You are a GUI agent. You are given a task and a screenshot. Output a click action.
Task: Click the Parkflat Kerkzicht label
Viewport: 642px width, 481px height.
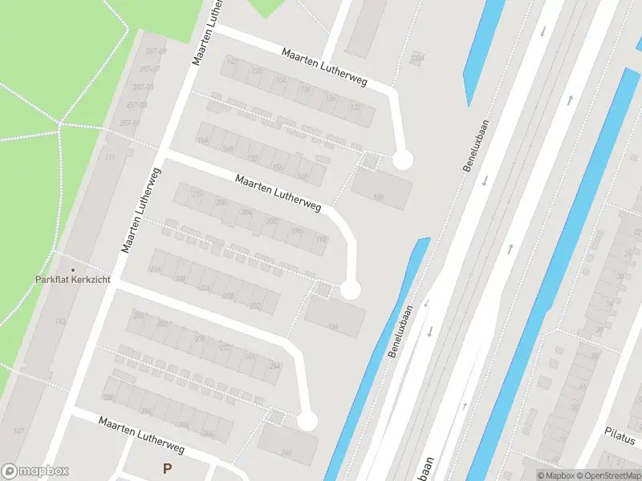73,280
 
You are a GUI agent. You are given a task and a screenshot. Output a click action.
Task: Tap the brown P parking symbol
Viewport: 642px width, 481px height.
168,468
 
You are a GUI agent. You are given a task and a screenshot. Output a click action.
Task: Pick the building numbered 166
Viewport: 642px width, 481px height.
333,325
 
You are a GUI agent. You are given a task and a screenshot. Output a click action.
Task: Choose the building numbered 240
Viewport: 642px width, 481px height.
286,452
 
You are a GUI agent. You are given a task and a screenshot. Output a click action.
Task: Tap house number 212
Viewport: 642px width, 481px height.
197,194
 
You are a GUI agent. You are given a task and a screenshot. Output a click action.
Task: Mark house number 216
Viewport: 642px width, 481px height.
155,269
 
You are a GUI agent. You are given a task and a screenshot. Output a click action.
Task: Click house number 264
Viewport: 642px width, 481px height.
275,366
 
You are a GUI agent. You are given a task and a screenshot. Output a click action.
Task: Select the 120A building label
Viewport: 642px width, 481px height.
416,58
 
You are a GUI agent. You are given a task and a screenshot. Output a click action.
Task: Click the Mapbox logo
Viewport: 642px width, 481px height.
35,471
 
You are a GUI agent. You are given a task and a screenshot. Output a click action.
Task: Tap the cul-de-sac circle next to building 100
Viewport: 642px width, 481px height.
402,160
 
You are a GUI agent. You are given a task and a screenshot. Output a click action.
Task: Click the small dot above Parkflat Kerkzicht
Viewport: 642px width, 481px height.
73,269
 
